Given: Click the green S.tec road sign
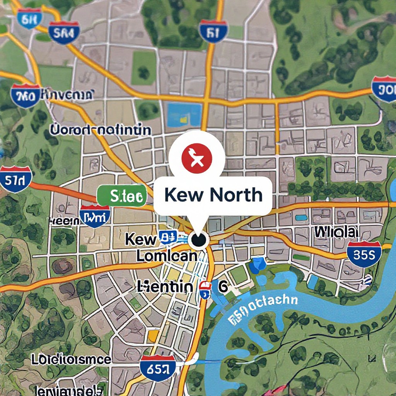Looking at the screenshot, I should pos(122,196).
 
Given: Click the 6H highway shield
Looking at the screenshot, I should pos(29,19).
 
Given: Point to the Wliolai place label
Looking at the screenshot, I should pos(335,232).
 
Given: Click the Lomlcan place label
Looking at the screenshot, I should pos(167,255).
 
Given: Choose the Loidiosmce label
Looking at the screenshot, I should pos(71,360).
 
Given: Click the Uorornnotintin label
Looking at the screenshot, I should pos(101,130).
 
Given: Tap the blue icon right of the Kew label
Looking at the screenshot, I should pos(168,237).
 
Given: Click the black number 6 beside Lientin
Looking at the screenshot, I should pos(223,287).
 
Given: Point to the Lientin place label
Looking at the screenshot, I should pos(165,287).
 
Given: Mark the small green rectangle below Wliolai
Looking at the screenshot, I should pos(301,257).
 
